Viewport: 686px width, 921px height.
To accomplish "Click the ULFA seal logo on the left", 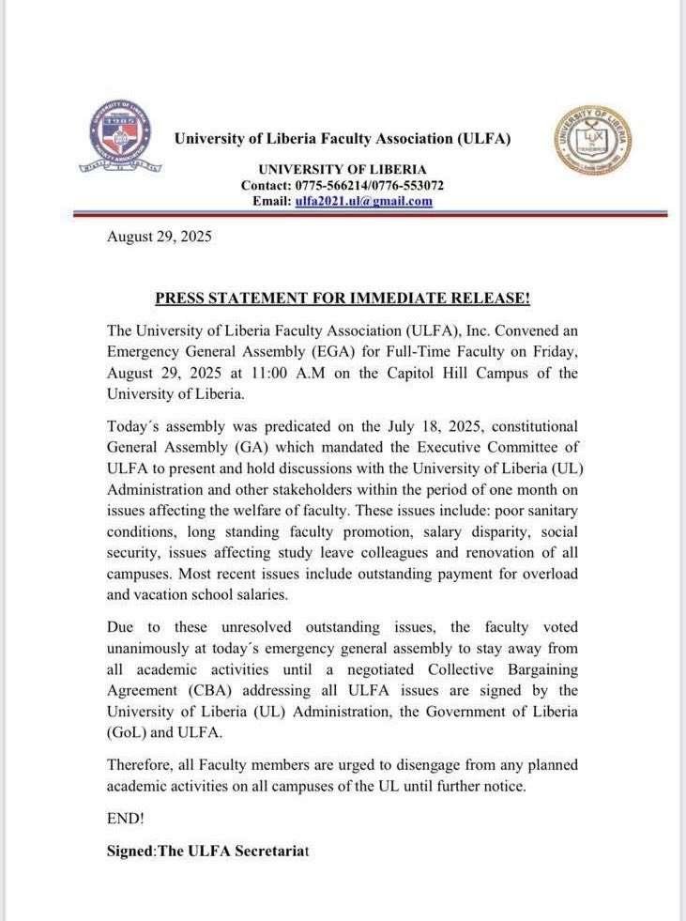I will point(119,138).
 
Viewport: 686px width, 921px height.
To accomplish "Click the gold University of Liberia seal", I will point(592,139).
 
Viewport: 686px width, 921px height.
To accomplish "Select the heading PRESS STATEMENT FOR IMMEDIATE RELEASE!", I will point(343,299).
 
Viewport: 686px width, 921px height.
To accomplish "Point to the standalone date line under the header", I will point(160,237).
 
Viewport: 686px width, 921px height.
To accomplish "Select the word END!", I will point(126,818).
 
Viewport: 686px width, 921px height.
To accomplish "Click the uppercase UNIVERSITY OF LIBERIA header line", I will point(342,170).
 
